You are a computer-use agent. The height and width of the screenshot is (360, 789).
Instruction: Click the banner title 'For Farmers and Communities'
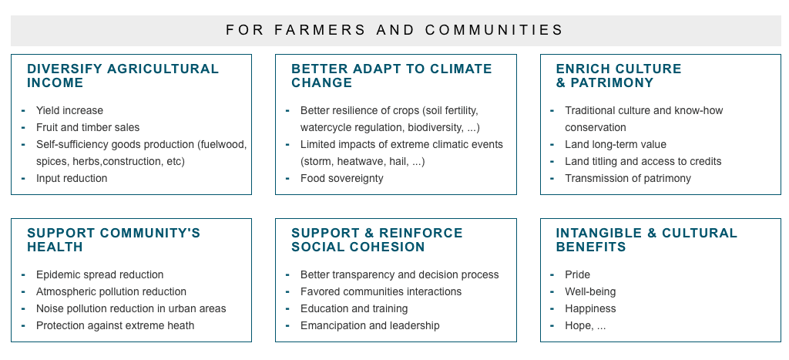pos(394,30)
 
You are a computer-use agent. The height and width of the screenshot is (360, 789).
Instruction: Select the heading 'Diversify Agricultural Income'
pos(123,76)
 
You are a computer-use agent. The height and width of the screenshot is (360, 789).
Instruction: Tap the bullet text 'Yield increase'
pos(69,111)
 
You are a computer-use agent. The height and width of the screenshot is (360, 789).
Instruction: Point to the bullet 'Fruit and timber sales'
pos(88,128)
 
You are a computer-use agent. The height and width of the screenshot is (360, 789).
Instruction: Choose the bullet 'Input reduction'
pos(72,179)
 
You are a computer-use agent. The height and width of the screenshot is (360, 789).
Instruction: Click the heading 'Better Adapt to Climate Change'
pos(391,76)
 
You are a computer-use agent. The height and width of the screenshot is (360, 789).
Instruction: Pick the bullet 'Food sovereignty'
pos(341,179)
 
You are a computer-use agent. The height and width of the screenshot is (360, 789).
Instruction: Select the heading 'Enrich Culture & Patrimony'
pos(619,76)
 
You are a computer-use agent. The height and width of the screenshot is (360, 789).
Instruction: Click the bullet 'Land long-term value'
pos(616,145)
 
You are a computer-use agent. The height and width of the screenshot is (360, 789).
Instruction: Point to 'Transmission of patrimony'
pos(628,179)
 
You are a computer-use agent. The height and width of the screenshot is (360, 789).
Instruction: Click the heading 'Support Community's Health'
pos(114,240)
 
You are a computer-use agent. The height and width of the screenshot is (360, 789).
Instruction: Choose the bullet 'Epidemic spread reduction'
pos(99,275)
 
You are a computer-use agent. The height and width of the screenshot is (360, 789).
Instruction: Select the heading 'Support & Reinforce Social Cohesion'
pos(377,240)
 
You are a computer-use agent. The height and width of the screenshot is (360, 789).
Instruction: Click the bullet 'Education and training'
pos(354,308)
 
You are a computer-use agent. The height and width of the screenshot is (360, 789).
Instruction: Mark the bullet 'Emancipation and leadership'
pos(370,326)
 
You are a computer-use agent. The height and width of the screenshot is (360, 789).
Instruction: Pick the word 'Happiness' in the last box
pos(590,308)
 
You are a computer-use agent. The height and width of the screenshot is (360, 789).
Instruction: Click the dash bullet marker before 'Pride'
pos(552,274)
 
